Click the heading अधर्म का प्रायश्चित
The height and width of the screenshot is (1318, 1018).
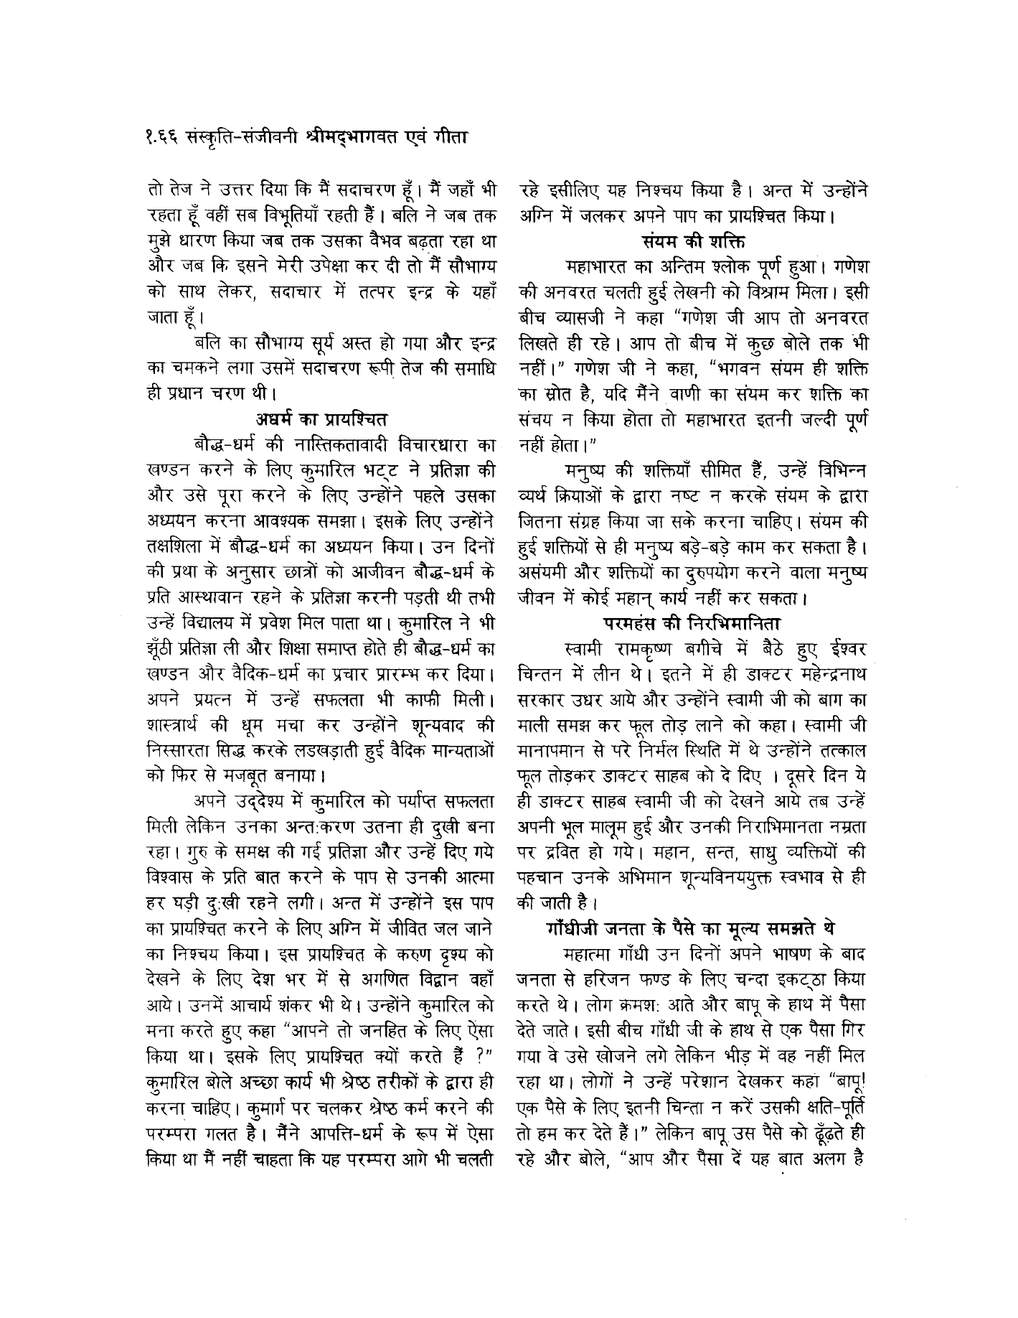tap(322, 417)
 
